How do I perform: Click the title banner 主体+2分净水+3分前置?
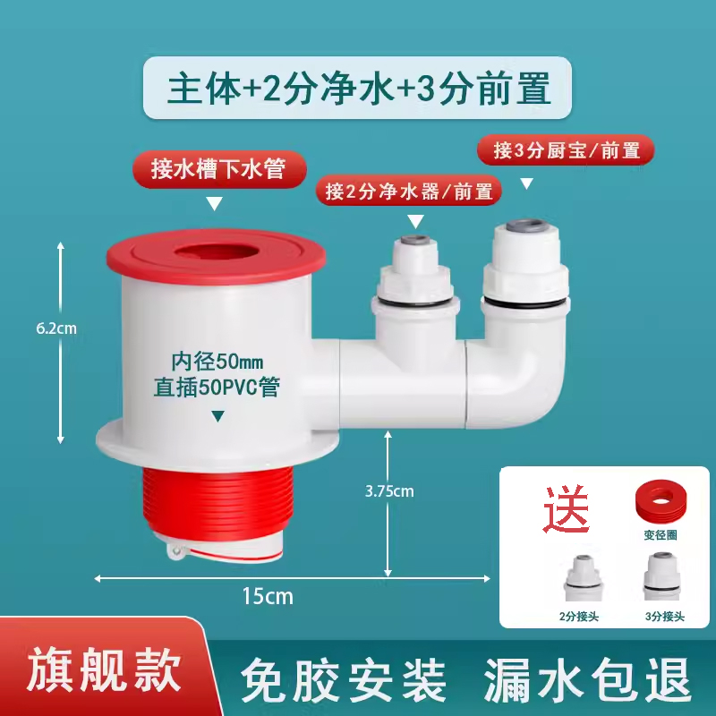(357, 88)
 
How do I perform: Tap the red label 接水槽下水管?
(219, 169)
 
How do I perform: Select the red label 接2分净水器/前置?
(409, 191)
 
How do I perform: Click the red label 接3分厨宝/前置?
(566, 150)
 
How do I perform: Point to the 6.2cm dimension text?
(56, 328)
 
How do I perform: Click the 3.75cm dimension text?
(389, 491)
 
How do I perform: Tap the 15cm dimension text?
(268, 596)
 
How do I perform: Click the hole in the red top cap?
(216, 252)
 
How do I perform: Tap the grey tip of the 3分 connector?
(526, 226)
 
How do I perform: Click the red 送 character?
(566, 508)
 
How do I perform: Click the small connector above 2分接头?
(584, 576)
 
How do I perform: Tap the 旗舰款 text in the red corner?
(104, 669)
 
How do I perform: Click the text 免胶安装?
(344, 679)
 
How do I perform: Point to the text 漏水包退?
(587, 679)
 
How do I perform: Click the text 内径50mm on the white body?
(217, 362)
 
